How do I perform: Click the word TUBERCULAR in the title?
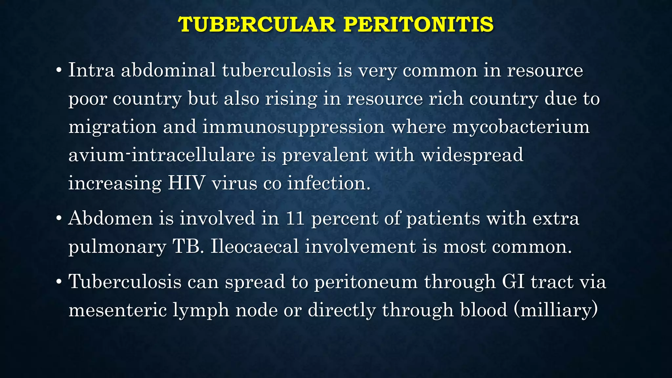coord(256,25)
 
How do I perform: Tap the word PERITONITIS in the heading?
coord(418,25)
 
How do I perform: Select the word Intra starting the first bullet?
coord(91,70)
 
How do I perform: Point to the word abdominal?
coord(168,70)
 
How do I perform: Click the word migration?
coord(113,127)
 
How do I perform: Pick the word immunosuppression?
coord(293,127)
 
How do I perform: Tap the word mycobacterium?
coord(521,127)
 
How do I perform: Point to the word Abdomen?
coord(111,218)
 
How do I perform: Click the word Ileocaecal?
coord(255,246)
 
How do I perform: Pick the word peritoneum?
coord(366,282)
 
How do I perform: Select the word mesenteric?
coord(117,310)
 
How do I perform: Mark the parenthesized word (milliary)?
coord(555,310)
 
